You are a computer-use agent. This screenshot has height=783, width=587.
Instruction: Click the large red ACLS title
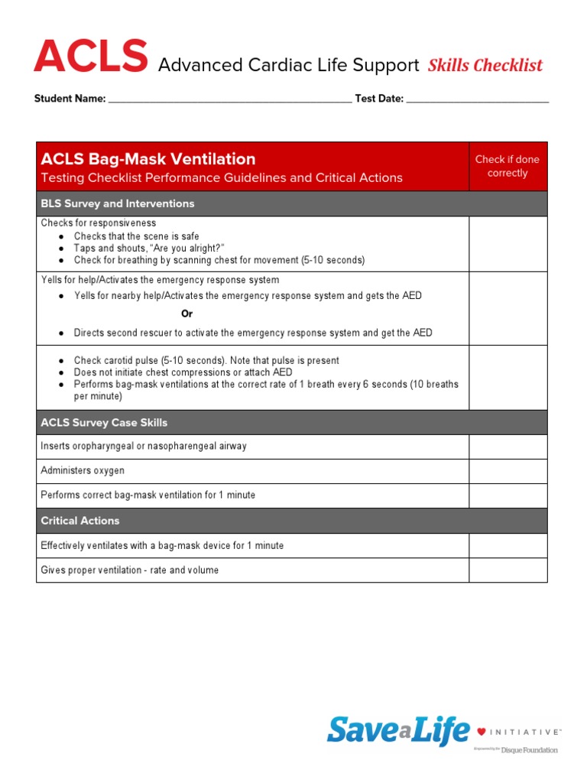click(90, 58)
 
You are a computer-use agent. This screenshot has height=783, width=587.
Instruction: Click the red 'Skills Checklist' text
click(485, 66)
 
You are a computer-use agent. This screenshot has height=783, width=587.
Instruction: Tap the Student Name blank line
click(229, 99)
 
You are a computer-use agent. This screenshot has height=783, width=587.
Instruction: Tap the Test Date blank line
click(477, 99)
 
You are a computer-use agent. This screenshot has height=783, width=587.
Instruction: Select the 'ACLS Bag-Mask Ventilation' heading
click(148, 159)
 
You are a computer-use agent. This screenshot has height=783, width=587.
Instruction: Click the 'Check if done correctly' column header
click(508, 166)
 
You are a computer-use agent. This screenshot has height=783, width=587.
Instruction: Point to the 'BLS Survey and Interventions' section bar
click(118, 203)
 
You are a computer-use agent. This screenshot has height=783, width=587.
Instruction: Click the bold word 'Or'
click(186, 314)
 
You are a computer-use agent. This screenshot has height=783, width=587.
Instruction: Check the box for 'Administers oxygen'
click(508, 471)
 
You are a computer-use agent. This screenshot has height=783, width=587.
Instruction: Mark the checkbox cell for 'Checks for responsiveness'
click(508, 244)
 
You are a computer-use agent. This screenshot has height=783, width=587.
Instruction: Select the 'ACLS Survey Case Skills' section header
click(104, 423)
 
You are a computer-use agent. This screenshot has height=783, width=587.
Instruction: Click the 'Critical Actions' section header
click(80, 521)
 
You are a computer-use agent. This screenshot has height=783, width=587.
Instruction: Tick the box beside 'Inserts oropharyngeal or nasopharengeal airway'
click(508, 447)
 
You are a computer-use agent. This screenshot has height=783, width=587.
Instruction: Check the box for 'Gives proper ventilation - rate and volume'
click(508, 570)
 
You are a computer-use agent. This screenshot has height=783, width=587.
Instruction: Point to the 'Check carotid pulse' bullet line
click(206, 360)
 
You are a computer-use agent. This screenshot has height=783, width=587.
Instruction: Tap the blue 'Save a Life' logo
click(397, 731)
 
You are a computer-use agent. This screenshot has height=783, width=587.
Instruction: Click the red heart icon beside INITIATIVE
click(481, 732)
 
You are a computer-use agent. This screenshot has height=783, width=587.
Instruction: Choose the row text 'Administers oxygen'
click(83, 471)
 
